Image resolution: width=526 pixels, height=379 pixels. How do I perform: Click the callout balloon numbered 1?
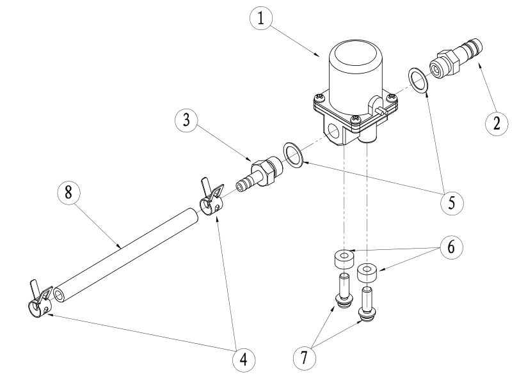click(260, 19)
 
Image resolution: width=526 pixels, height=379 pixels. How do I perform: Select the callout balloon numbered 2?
click(495, 123)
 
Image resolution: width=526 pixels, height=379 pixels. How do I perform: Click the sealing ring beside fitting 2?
click(419, 81)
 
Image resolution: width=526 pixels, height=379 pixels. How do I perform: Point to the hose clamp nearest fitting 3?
click(213, 200)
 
